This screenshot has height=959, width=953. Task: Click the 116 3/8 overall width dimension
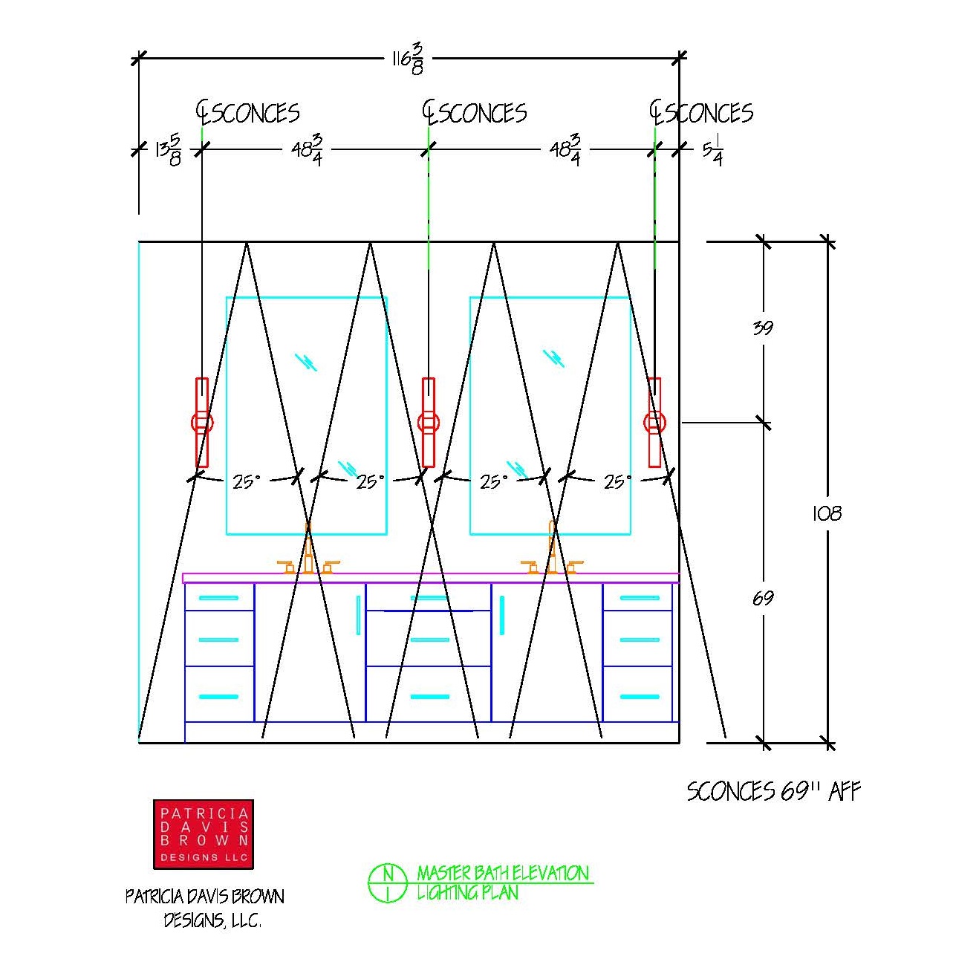(408, 59)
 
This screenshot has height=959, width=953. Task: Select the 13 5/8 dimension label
(168, 149)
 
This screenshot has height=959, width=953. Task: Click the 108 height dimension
(827, 513)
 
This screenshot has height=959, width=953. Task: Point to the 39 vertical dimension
(762, 328)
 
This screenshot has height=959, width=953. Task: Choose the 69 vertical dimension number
(762, 597)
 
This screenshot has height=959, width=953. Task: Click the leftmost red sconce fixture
(201, 423)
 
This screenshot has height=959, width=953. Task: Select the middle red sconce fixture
(428, 423)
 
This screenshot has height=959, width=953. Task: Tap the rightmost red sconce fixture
(654, 423)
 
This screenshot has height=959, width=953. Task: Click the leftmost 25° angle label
(246, 481)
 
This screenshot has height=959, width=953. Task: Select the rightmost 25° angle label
(617, 481)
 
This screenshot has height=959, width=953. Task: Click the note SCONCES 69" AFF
(773, 791)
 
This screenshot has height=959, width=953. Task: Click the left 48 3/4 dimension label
(307, 149)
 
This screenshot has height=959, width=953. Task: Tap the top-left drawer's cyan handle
(218, 598)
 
